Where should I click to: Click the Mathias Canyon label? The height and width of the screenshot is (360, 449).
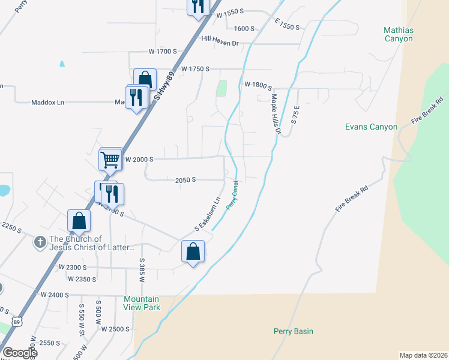pyautogui.click(x=398, y=34)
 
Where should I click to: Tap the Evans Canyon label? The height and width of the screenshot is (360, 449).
pyautogui.click(x=371, y=127)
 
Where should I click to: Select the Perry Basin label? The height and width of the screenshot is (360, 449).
pyautogui.click(x=294, y=331)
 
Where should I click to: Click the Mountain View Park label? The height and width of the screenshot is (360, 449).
pyautogui.click(x=142, y=303)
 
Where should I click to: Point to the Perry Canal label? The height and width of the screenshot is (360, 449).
pyautogui.click(x=232, y=195)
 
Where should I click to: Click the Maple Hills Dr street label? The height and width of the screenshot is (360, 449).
pyautogui.click(x=276, y=113)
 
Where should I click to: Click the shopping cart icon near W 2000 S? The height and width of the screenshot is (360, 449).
pyautogui.click(x=110, y=160)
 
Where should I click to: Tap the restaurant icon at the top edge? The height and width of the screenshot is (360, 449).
pyautogui.click(x=198, y=6)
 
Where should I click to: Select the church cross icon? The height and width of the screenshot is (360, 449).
pyautogui.click(x=40, y=242)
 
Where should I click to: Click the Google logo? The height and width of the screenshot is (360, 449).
pyautogui.click(x=19, y=353)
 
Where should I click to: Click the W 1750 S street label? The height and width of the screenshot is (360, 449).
pyautogui.click(x=194, y=69)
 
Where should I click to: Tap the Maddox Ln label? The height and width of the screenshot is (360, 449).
pyautogui.click(x=47, y=103)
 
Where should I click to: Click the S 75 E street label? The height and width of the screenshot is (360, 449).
pyautogui.click(x=295, y=113)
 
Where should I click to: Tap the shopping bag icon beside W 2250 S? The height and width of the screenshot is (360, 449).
pyautogui.click(x=79, y=221)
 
